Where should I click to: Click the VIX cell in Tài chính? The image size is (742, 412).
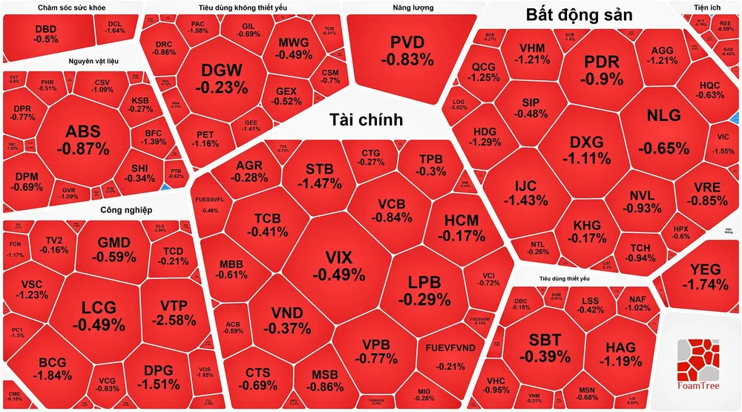pyautogui.click(x=338, y=266)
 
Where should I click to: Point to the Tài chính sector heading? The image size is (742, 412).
pyautogui.click(x=366, y=120)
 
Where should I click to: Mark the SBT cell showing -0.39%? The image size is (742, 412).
pyautogui.click(x=545, y=347)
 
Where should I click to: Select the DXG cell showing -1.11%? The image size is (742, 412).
pyautogui.click(x=586, y=149)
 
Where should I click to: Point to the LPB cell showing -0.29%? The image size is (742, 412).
pyautogui.click(x=424, y=290)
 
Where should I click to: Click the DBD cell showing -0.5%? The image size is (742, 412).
pyautogui.click(x=46, y=33)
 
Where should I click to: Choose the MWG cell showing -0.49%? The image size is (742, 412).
pyautogui.click(x=295, y=48)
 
